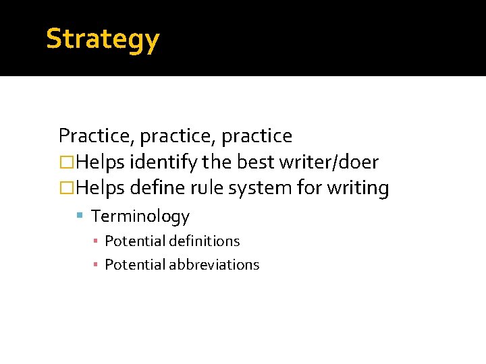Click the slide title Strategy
[103, 39]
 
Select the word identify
[162, 162]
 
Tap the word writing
[358, 189]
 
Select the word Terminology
[140, 216]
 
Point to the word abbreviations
[214, 265]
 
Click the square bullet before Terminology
[79, 216]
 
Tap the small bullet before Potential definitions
[97, 241]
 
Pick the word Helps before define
[99, 188]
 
